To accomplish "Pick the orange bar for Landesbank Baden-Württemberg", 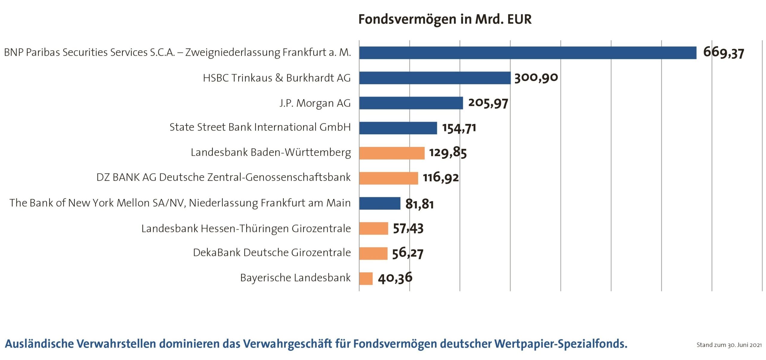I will [392, 153].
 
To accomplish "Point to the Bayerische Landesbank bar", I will [366, 279].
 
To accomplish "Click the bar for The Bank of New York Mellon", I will [380, 203].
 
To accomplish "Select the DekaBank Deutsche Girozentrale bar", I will [373, 253].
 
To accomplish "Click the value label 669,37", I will [723, 53].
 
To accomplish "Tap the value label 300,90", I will [536, 78].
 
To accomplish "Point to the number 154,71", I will [459, 128].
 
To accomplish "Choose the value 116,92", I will [440, 178].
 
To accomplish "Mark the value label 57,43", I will [408, 229].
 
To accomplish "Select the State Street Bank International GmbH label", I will [260, 127].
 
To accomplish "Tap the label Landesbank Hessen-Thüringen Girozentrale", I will [246, 229].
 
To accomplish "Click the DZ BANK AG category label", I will [223, 177].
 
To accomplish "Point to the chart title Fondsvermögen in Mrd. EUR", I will [445, 19].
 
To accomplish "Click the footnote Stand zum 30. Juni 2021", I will [729, 345].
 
